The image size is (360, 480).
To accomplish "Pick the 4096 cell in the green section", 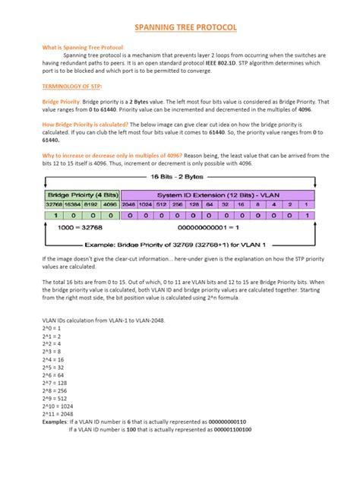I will coord(107,204).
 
